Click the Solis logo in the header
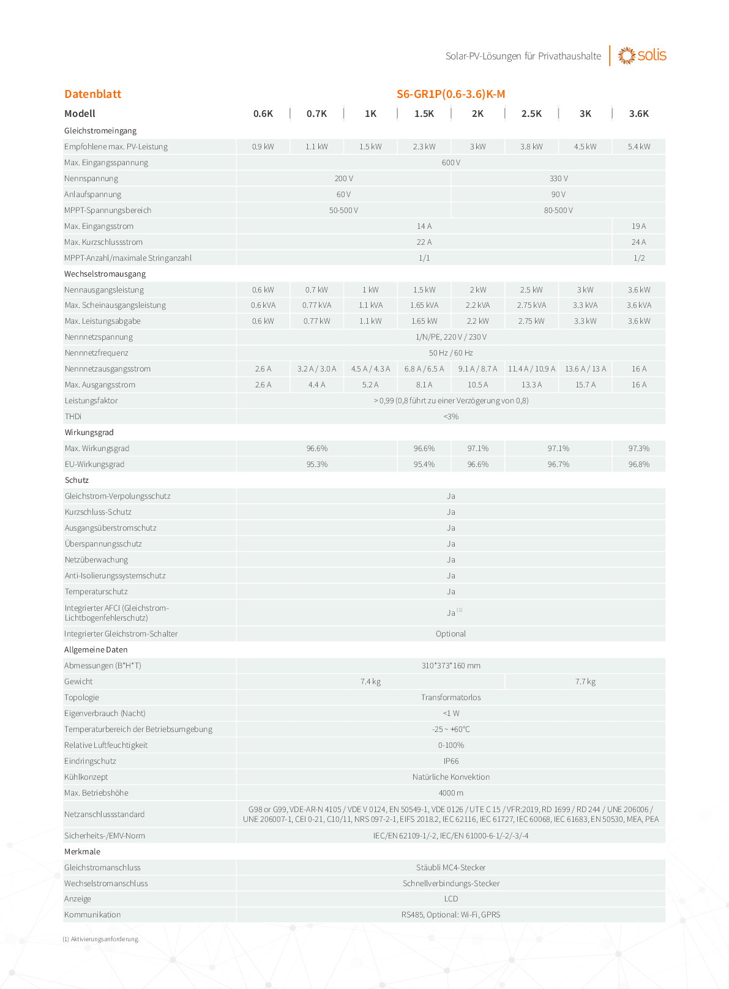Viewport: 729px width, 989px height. [x=642, y=55]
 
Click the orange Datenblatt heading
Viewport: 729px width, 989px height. [x=92, y=94]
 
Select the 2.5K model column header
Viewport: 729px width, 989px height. [x=531, y=114]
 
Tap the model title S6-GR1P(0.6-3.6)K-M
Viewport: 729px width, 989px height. [x=450, y=94]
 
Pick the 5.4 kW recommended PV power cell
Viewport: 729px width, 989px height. [x=638, y=147]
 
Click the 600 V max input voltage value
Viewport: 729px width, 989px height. [x=450, y=163]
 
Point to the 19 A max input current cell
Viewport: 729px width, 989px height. [x=638, y=226]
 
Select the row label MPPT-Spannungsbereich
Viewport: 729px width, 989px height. [x=108, y=211]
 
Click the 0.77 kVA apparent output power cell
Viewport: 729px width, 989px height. [x=316, y=305]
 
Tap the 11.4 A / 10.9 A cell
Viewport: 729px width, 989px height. [x=531, y=369]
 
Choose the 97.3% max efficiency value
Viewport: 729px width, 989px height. [x=638, y=449]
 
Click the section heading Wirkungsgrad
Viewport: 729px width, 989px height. [x=89, y=433]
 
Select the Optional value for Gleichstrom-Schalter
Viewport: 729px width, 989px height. [x=450, y=634]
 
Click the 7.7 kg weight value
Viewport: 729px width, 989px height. [x=585, y=682]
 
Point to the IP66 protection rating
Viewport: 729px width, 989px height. [x=450, y=761]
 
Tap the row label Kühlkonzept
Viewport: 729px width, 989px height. [x=86, y=777]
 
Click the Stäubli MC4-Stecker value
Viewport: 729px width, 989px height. [x=450, y=868]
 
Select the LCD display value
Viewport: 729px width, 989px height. [x=450, y=899]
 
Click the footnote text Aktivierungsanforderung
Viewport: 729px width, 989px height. [x=104, y=939]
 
